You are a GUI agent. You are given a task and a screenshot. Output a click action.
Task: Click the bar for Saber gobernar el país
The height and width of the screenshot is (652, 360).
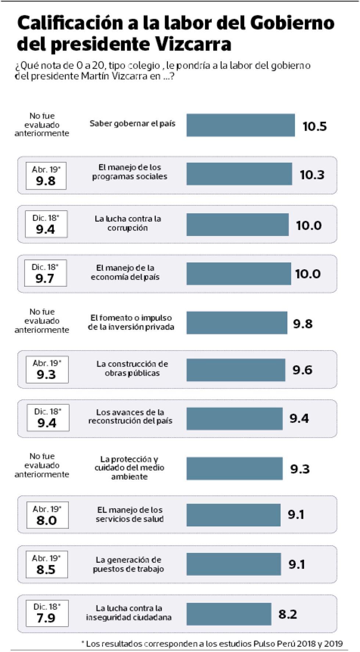click(x=241, y=125)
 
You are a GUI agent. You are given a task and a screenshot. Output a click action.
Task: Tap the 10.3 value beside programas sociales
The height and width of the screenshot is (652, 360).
click(x=312, y=175)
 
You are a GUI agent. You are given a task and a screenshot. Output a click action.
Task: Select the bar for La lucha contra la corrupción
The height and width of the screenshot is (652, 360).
click(x=237, y=225)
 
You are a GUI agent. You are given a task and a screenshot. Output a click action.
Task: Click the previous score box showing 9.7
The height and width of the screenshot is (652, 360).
click(x=45, y=273)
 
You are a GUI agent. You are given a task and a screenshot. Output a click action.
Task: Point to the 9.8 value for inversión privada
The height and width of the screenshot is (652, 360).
click(x=303, y=324)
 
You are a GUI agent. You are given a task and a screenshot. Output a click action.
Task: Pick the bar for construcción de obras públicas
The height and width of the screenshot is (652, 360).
click(x=235, y=370)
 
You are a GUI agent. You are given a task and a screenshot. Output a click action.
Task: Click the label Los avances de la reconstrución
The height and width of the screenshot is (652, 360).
click(x=130, y=417)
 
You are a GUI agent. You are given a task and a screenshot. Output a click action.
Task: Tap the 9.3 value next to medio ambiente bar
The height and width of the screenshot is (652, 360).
click(x=300, y=469)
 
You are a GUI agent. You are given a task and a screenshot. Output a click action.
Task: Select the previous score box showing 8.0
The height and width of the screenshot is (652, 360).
click(x=47, y=515)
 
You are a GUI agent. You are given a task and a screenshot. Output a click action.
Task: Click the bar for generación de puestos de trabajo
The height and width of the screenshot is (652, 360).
click(x=234, y=564)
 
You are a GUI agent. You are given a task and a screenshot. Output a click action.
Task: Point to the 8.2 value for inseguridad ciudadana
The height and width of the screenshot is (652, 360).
click(x=288, y=614)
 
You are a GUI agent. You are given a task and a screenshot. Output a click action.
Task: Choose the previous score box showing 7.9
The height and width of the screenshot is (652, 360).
click(x=47, y=613)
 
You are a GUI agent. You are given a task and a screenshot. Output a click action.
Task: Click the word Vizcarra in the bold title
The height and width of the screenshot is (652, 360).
click(x=193, y=44)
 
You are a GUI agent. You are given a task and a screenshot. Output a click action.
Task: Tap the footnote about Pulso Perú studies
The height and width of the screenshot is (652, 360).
click(x=212, y=644)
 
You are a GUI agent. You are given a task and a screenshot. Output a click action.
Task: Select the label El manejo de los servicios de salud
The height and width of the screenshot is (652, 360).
click(x=130, y=514)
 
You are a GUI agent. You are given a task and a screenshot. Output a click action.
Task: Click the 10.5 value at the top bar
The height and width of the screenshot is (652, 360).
click(x=314, y=126)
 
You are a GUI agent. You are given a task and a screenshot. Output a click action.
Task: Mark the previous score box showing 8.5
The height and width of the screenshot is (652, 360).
click(x=46, y=565)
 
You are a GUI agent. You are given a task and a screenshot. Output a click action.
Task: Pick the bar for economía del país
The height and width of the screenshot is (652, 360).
click(x=238, y=274)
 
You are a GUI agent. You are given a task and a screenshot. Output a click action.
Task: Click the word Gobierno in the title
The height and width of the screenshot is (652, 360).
click(x=292, y=23)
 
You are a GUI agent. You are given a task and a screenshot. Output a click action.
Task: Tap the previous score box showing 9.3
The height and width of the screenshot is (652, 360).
click(x=47, y=370)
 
